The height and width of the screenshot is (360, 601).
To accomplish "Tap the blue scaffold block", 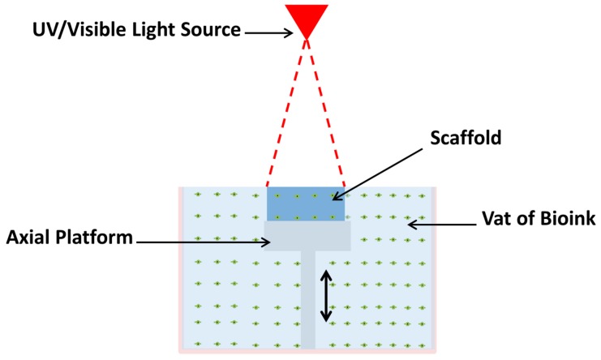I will pos(307,204).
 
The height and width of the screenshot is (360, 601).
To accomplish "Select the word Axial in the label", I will pos(31,240).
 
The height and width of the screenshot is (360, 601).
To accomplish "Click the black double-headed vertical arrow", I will pos(326,297).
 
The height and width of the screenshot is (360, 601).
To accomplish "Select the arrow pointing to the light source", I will pos(268,32).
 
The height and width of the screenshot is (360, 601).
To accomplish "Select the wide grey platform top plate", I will pos(307,236).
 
